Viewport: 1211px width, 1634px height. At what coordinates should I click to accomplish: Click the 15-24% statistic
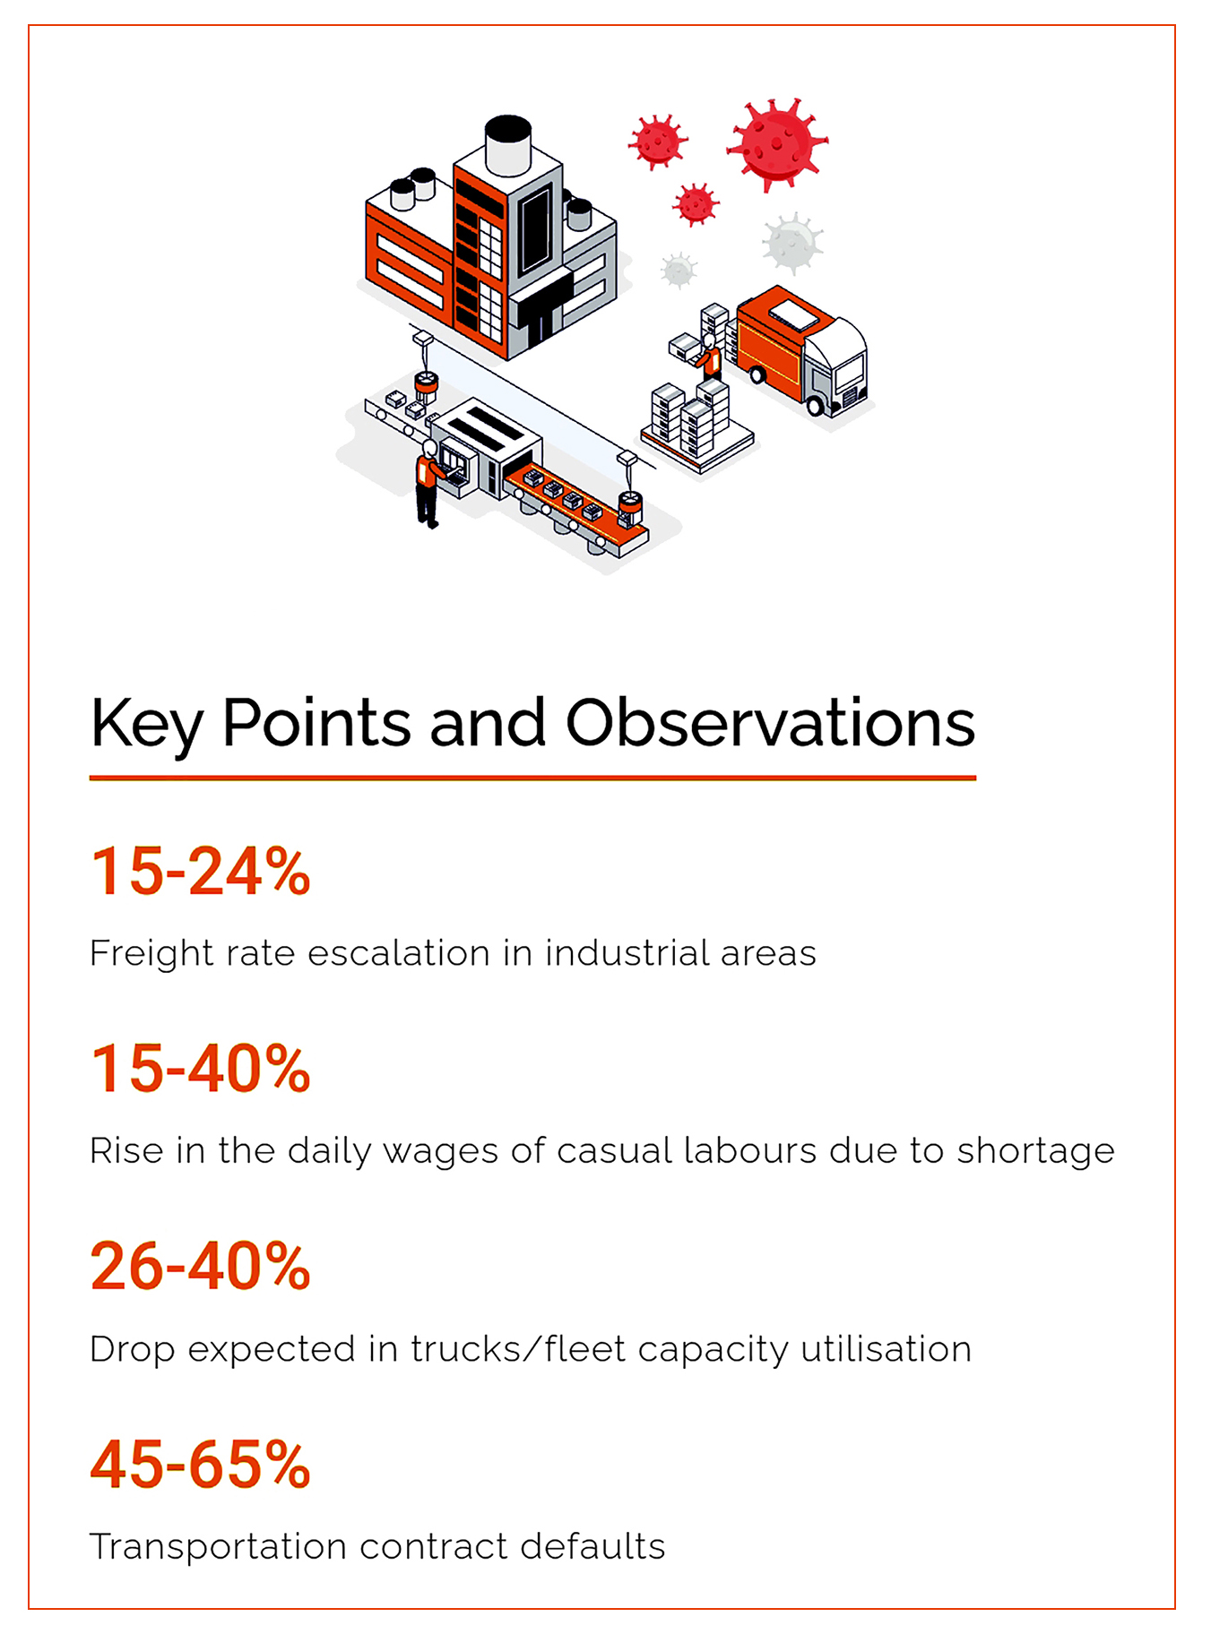(201, 871)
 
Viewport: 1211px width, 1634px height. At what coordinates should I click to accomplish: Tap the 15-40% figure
(201, 1069)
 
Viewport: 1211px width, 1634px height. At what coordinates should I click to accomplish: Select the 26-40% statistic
(201, 1267)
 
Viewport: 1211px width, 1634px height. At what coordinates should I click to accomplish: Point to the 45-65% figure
(201, 1465)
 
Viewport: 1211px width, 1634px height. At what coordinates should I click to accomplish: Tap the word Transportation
(218, 1548)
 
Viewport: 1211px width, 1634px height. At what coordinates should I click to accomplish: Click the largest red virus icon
(776, 143)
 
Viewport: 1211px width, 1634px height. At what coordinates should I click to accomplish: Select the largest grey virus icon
(791, 242)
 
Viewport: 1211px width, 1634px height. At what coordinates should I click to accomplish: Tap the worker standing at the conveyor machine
(428, 483)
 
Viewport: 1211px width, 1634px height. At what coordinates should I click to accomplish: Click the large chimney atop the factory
(508, 144)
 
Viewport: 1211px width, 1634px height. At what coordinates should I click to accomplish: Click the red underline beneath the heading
(532, 778)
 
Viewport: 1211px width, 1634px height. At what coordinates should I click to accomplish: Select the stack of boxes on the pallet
(695, 421)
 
